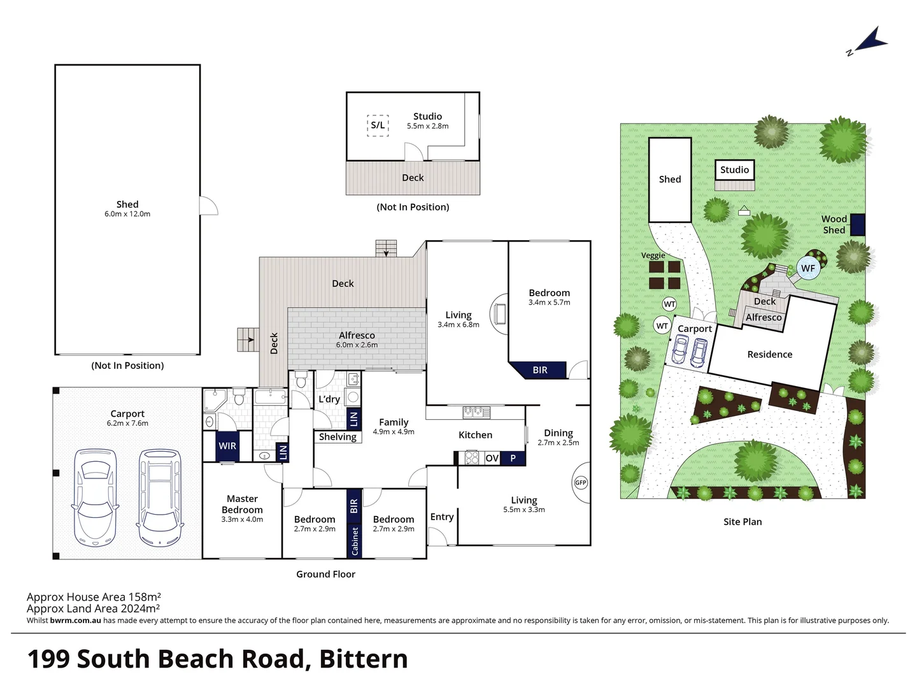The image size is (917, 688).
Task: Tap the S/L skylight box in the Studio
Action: (x=378, y=125)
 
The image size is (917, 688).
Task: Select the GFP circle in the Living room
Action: (x=581, y=483)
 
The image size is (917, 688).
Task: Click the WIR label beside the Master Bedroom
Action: (x=227, y=446)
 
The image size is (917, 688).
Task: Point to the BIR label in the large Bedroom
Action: (x=540, y=370)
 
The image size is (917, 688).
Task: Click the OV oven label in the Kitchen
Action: (x=492, y=458)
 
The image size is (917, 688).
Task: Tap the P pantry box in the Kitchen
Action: (x=513, y=458)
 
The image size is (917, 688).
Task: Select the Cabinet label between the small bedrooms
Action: (x=355, y=541)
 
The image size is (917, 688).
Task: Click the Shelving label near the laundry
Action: (x=338, y=437)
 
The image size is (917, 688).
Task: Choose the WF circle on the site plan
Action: (x=807, y=268)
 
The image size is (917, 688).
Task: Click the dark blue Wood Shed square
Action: (x=857, y=225)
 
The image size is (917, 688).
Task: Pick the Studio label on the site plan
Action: (x=734, y=169)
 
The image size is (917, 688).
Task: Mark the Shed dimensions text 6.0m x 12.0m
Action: (x=127, y=214)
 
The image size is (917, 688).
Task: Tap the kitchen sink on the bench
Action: (x=476, y=412)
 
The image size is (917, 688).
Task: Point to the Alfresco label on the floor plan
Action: (x=357, y=335)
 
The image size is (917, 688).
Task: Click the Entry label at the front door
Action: (x=442, y=517)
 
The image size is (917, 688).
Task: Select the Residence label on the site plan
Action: (x=769, y=354)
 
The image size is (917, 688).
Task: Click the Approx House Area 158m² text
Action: (x=94, y=597)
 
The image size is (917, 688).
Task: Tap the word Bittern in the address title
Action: (x=363, y=659)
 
